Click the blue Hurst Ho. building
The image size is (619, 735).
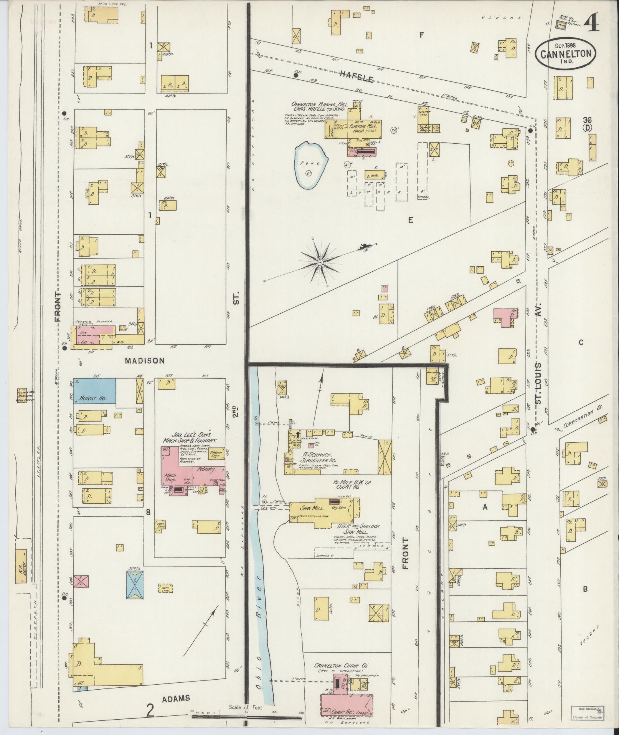tap(94, 391)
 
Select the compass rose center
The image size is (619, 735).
tap(319, 262)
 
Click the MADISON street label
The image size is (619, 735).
tap(145, 361)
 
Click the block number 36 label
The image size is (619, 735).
tap(586, 119)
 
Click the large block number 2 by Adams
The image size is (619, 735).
tap(150, 710)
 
